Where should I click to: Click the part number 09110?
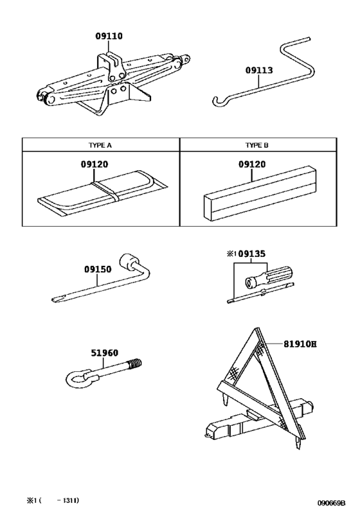109,36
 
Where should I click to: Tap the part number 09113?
259,71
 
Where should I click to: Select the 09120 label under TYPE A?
94,164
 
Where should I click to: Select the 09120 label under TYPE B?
252,164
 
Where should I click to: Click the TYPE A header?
100,145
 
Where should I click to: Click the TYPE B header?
257,145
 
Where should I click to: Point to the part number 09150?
98,269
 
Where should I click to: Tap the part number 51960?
104,353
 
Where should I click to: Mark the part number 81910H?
300,344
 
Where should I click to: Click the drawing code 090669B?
332,503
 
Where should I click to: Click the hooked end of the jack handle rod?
217,101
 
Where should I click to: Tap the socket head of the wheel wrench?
127,261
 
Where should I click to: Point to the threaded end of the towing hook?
135,364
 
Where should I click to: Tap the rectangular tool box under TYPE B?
260,194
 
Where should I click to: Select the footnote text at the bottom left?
53,500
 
